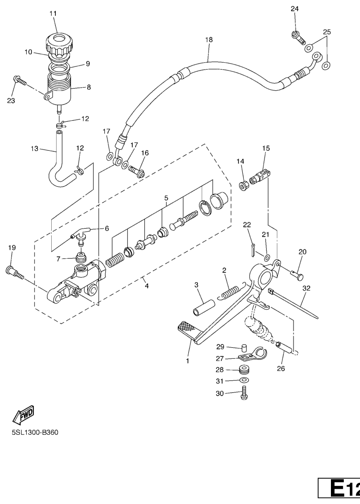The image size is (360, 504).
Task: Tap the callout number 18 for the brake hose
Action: coord(209,40)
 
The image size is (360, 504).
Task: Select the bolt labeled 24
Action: coord(298,36)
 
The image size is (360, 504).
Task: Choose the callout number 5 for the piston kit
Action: coord(166,198)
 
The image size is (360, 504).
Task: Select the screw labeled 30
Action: coord(244,395)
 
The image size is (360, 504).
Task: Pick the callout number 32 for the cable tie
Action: coord(306,288)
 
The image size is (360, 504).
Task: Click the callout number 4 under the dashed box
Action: coord(147,286)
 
